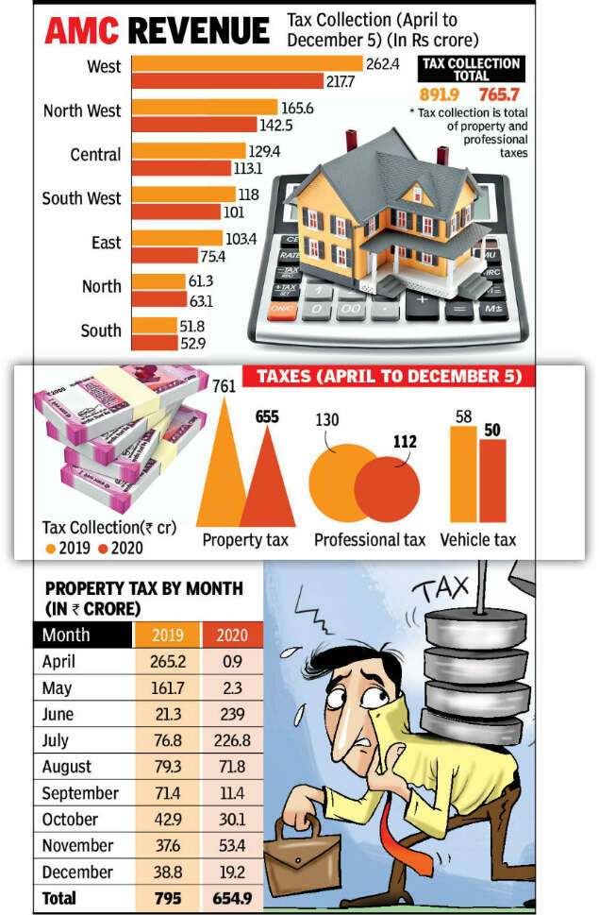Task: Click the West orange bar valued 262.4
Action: click(x=247, y=63)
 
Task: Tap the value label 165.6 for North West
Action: click(x=296, y=109)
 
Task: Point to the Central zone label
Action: click(x=95, y=154)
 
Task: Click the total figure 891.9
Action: click(x=439, y=94)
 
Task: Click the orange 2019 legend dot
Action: click(x=49, y=548)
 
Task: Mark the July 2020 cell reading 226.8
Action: click(x=232, y=740)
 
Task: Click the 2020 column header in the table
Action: click(x=232, y=635)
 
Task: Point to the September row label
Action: click(x=80, y=792)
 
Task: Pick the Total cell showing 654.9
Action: click(x=232, y=897)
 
